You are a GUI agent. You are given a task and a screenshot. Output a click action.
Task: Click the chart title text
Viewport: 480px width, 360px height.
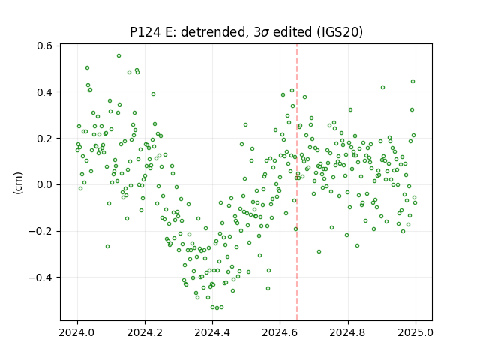pyautogui.click(x=247, y=32)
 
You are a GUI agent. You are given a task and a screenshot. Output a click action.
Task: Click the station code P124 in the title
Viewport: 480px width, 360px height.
pyautogui.click(x=145, y=32)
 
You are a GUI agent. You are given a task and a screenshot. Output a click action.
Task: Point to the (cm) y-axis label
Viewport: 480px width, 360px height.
pyautogui.click(x=18, y=183)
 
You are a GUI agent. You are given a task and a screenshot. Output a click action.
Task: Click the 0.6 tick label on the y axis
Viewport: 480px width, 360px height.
pyautogui.click(x=44, y=46)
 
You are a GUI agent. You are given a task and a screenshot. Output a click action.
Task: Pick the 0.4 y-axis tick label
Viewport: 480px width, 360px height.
pyautogui.click(x=44, y=92)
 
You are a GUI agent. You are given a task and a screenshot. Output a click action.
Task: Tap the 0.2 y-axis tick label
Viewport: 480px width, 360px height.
pyautogui.click(x=44, y=138)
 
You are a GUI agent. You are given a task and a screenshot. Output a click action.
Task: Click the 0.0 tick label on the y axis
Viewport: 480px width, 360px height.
pyautogui.click(x=44, y=185)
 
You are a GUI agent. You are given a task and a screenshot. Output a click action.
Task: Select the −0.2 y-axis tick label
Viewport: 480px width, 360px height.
pyautogui.click(x=40, y=231)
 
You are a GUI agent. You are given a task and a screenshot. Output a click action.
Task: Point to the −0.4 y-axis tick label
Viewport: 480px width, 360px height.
pyautogui.click(x=40, y=277)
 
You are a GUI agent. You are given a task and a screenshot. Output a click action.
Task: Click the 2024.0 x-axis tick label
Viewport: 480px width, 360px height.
pyautogui.click(x=77, y=332)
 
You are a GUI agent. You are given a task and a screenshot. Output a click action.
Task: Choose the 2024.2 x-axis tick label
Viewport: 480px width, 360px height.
pyautogui.click(x=145, y=332)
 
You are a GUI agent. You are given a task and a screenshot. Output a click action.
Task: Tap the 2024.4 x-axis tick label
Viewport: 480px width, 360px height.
pyautogui.click(x=212, y=332)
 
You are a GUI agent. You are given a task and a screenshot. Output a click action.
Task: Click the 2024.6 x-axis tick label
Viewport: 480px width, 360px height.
pyautogui.click(x=280, y=332)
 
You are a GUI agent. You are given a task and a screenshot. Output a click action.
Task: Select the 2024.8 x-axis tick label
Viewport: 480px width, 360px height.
pyautogui.click(x=348, y=332)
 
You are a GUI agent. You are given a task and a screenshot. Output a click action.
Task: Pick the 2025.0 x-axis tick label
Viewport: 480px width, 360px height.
pyautogui.click(x=415, y=332)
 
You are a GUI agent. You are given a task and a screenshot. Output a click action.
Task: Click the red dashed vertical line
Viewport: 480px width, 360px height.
pyautogui.click(x=297, y=182)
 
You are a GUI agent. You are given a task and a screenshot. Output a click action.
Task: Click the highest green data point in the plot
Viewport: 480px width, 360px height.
pyautogui.click(x=118, y=55)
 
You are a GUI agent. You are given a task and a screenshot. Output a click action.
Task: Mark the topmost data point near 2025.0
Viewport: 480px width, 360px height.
pyautogui.click(x=412, y=82)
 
